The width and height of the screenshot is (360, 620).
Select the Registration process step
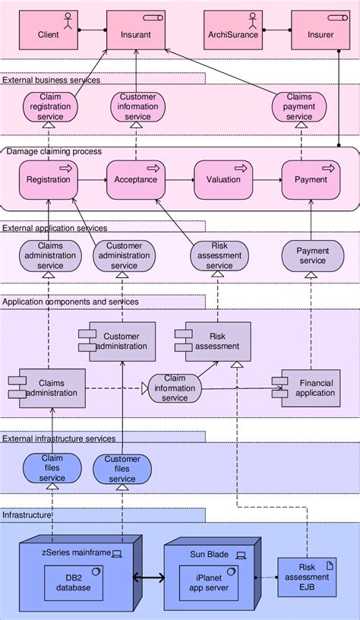click(49, 179)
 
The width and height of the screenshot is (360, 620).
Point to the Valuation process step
click(223, 179)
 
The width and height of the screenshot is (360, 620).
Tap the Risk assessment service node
click(219, 255)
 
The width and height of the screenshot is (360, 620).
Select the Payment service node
click(312, 255)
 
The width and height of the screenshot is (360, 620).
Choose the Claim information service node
click(175, 387)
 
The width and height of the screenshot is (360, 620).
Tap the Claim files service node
click(52, 468)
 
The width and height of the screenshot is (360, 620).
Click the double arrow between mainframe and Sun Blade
click(150, 580)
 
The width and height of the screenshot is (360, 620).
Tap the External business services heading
click(51, 79)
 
